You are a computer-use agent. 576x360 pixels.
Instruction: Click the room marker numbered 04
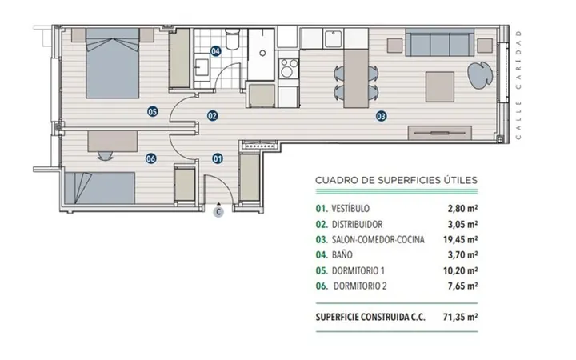[x=216, y=51]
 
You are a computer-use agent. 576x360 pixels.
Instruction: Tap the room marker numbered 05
[x=153, y=111]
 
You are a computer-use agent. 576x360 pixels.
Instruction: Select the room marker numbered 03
[x=382, y=117]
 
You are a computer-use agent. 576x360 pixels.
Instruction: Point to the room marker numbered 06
[x=151, y=158]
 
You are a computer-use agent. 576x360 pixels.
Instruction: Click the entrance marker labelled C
[x=218, y=212]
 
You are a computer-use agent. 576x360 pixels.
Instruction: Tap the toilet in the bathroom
[x=233, y=39]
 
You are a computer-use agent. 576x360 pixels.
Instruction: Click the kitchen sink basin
[x=333, y=39]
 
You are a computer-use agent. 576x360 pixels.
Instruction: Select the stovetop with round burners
[x=289, y=68]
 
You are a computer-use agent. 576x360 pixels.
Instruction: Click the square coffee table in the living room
[x=440, y=87]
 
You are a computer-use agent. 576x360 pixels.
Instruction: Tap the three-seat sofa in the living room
[x=439, y=42]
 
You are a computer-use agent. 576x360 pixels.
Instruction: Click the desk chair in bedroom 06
[x=106, y=156]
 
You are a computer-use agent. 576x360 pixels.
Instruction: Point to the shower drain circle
[x=262, y=54]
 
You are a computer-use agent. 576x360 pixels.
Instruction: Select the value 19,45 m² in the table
[x=460, y=239]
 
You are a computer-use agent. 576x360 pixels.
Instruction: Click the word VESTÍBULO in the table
[x=350, y=209]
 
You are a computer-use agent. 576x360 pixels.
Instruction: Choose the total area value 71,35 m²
[x=460, y=317]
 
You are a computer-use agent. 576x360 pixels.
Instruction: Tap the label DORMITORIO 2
[x=360, y=286]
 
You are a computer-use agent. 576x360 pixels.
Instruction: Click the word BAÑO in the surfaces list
[x=342, y=254]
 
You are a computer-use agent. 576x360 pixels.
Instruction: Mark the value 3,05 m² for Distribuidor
[x=462, y=224]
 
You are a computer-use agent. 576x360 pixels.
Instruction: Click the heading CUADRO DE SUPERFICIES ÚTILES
[x=396, y=180]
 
